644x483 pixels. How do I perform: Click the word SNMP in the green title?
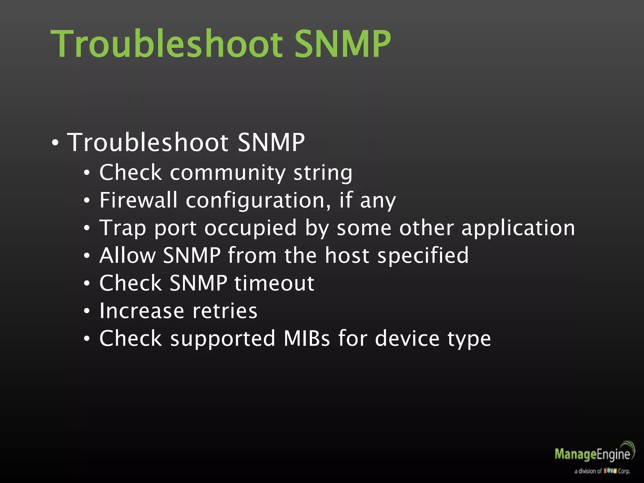point(343,44)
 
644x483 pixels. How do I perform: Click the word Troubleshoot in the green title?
point(167,44)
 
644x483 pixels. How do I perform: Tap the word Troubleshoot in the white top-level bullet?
point(148,142)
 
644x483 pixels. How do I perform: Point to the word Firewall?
point(138,200)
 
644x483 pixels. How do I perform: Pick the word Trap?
point(123,228)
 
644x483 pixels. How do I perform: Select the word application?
point(518,228)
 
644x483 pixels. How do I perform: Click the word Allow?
point(128,255)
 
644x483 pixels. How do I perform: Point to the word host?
point(347,255)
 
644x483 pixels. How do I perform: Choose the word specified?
point(423,256)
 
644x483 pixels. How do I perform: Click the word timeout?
point(274,283)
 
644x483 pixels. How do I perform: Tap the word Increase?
point(142,311)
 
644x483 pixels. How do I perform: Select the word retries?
point(225,311)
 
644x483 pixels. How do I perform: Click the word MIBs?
point(307,338)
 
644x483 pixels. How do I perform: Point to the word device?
point(407,338)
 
